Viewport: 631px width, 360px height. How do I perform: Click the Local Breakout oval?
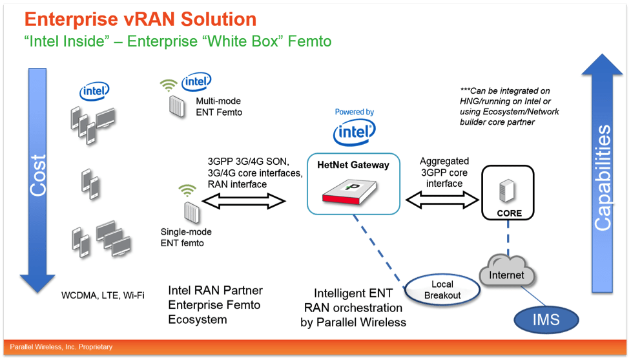pos(442,290)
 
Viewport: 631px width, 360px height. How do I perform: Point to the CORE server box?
pos(508,193)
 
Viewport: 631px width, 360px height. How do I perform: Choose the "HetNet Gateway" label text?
pos(353,165)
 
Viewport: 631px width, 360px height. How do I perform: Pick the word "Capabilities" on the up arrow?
pos(602,178)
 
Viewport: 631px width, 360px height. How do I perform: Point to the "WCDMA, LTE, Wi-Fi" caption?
pos(103,295)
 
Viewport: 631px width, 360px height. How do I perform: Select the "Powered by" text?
pos(354,112)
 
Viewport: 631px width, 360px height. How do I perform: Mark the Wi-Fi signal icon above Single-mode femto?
pos(187,191)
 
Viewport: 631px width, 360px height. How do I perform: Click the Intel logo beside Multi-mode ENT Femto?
pos(196,82)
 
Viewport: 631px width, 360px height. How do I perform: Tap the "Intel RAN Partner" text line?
pos(215,290)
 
